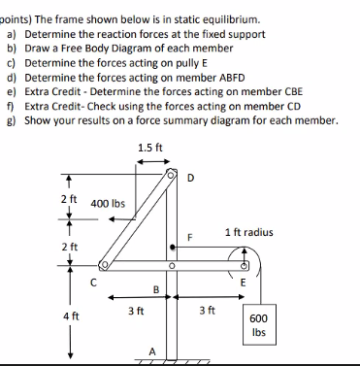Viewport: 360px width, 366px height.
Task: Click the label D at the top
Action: pos(190,177)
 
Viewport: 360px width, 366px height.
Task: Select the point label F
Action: pos(191,237)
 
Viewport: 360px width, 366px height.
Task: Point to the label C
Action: pos(93,282)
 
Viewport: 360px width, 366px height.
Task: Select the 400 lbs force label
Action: pos(109,205)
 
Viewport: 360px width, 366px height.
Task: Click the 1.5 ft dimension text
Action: pos(150,148)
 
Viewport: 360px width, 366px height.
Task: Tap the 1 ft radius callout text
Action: pos(248,232)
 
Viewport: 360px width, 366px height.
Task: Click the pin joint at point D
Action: pos(172,177)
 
